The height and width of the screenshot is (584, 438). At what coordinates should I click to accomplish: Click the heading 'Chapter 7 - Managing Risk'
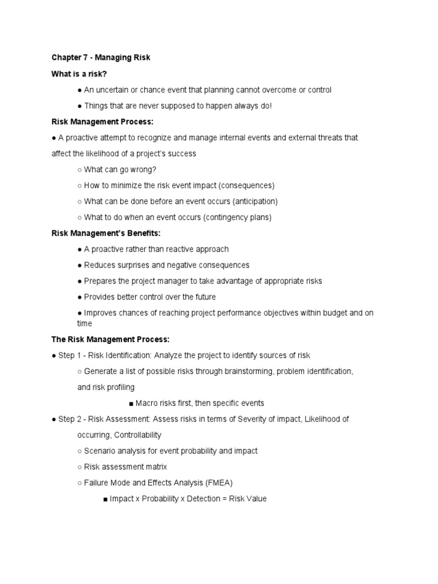(x=100, y=58)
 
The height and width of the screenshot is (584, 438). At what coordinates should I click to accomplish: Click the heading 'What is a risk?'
(x=79, y=74)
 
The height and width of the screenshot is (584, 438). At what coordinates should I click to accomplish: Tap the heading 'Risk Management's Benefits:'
(x=107, y=233)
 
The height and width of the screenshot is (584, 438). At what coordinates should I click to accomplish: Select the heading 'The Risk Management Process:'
(x=111, y=339)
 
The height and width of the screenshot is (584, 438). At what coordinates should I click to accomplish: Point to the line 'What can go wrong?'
(x=120, y=169)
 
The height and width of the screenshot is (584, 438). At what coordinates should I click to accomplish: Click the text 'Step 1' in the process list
(x=71, y=355)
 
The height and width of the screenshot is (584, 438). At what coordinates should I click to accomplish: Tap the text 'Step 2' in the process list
(x=71, y=419)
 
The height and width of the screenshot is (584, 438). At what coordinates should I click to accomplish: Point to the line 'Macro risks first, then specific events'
(x=200, y=403)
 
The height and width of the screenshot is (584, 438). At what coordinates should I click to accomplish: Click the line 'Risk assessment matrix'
(x=125, y=467)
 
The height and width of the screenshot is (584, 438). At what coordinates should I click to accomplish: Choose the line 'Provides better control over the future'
(x=149, y=297)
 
